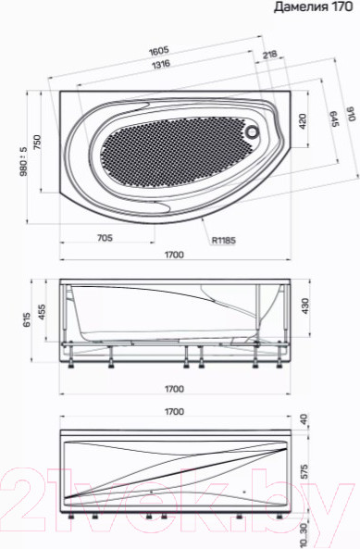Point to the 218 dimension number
(x=270, y=56)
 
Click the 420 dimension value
(x=301, y=120)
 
